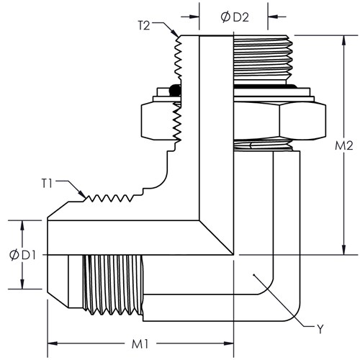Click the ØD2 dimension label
(235, 17)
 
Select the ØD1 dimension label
(22, 255)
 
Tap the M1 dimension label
(140, 345)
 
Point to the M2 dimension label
(344, 145)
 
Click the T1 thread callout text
(47, 184)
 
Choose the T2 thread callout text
(144, 25)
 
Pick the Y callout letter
(320, 329)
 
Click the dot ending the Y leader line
(253, 274)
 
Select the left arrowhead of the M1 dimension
(53, 343)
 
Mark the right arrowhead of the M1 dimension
(229, 343)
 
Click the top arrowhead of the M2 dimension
(344, 40)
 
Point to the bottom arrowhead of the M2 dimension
(344, 250)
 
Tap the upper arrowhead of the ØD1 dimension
(22, 225)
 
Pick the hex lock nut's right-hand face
(302, 121)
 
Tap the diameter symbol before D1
(14, 255)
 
